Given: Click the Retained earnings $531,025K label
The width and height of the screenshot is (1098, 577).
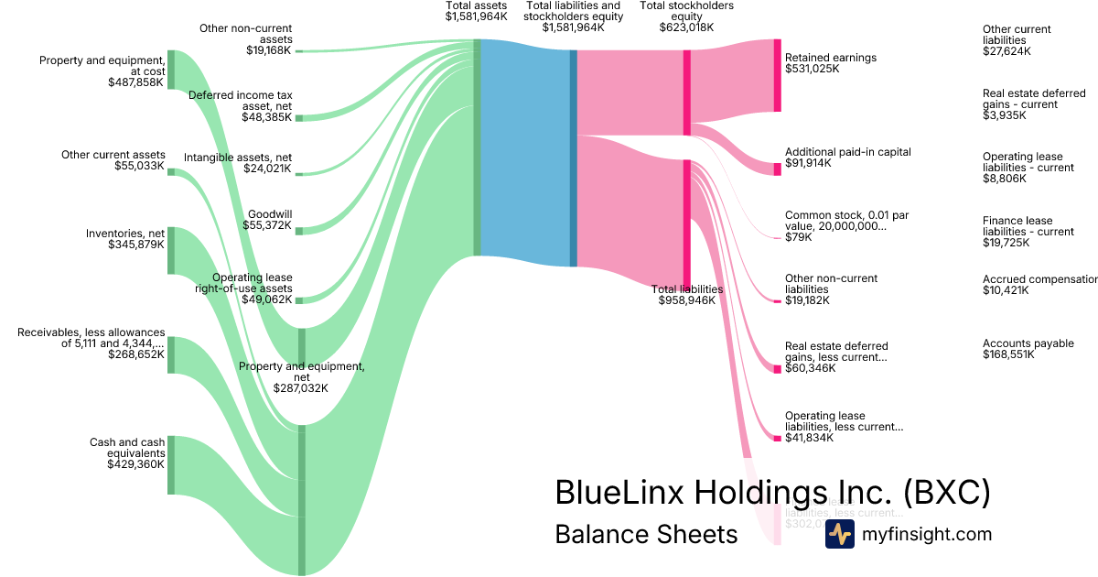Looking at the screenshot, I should tap(830, 63).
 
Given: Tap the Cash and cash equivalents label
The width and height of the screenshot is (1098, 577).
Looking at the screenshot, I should tap(126, 453).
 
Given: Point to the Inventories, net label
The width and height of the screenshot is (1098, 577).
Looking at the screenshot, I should tap(126, 239).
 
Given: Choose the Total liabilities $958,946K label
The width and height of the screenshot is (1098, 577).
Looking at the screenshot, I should tap(686, 295).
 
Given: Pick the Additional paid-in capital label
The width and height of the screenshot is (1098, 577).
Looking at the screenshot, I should tap(847, 158).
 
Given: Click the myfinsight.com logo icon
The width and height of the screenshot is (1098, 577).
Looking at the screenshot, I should tap(839, 534).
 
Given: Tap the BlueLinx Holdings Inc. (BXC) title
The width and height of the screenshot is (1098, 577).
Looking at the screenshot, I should tap(772, 493).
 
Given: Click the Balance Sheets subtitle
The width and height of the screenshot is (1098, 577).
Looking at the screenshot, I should tap(646, 534).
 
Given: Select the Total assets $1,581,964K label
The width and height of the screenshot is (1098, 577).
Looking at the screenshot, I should tap(476, 11).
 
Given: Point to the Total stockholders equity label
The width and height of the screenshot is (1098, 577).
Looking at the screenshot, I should tap(686, 16).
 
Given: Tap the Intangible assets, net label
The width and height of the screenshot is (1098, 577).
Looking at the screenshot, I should tap(237, 163).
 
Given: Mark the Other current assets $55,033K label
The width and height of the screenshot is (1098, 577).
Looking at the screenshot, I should tap(113, 160).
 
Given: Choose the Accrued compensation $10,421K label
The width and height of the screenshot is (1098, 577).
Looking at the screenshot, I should tap(1039, 285).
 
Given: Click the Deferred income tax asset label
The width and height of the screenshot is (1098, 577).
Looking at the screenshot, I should tap(242, 105).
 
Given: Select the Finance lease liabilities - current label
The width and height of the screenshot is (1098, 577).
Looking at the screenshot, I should tap(1028, 232).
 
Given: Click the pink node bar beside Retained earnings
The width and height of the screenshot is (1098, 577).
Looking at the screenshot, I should tap(777, 76).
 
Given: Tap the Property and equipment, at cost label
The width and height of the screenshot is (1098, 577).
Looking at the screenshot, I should tap(102, 71).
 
